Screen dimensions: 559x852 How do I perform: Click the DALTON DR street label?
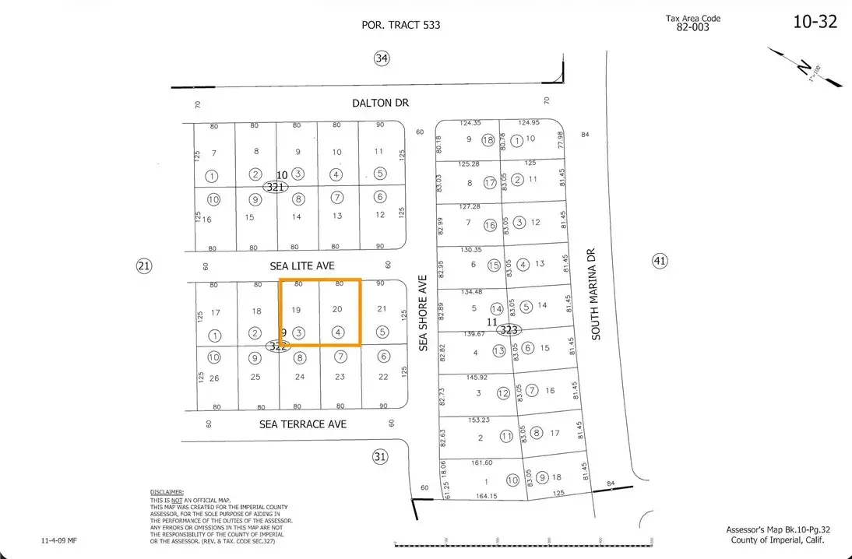pos(379,103)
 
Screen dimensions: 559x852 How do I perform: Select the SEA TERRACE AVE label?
pos(303,424)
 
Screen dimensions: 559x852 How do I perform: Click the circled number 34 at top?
pos(381,58)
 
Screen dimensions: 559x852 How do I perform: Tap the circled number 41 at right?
pos(660,261)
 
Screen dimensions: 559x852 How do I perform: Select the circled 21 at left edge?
pos(144,266)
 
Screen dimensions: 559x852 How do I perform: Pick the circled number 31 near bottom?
pos(379,457)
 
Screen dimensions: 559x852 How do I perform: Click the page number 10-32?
pos(815,22)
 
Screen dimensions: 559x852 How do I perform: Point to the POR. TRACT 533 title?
pos(401,25)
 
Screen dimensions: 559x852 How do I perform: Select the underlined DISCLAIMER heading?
pos(167,493)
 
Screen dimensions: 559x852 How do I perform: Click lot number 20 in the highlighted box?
pos(337,309)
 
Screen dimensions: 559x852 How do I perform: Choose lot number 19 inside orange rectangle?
pos(296,309)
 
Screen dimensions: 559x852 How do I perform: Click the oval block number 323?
pos(509,330)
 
